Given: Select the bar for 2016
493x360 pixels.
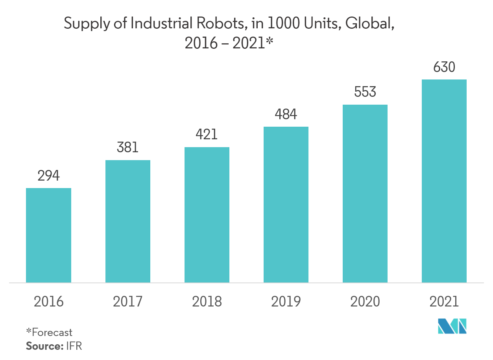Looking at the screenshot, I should [48, 235].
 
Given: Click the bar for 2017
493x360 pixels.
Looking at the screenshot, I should [127, 221].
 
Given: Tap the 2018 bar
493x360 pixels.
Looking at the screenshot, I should [207, 215].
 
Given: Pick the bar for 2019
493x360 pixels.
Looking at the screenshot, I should [286, 205].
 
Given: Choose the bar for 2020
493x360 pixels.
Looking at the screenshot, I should [365, 194].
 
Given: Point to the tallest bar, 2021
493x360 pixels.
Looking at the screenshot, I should [444, 181].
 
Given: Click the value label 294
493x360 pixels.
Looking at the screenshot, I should [48, 176].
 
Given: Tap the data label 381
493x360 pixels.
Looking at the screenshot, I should [127, 148].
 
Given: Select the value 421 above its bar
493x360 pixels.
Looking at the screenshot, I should [207, 135].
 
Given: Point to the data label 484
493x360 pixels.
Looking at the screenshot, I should [286, 114].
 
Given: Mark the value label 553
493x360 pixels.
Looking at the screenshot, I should [365, 92].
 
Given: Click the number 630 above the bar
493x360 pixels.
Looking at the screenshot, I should [444, 67].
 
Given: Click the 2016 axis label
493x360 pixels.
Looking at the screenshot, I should [48, 302].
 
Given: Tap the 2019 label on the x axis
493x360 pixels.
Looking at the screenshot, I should [286, 302].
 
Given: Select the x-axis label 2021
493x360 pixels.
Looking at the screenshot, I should [444, 302].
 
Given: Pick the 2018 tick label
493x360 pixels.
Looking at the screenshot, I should [207, 302].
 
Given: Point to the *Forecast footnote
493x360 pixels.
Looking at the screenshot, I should [49, 332].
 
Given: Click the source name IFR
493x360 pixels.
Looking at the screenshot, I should [74, 346].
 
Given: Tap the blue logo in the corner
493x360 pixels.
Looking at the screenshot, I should [452, 326].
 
